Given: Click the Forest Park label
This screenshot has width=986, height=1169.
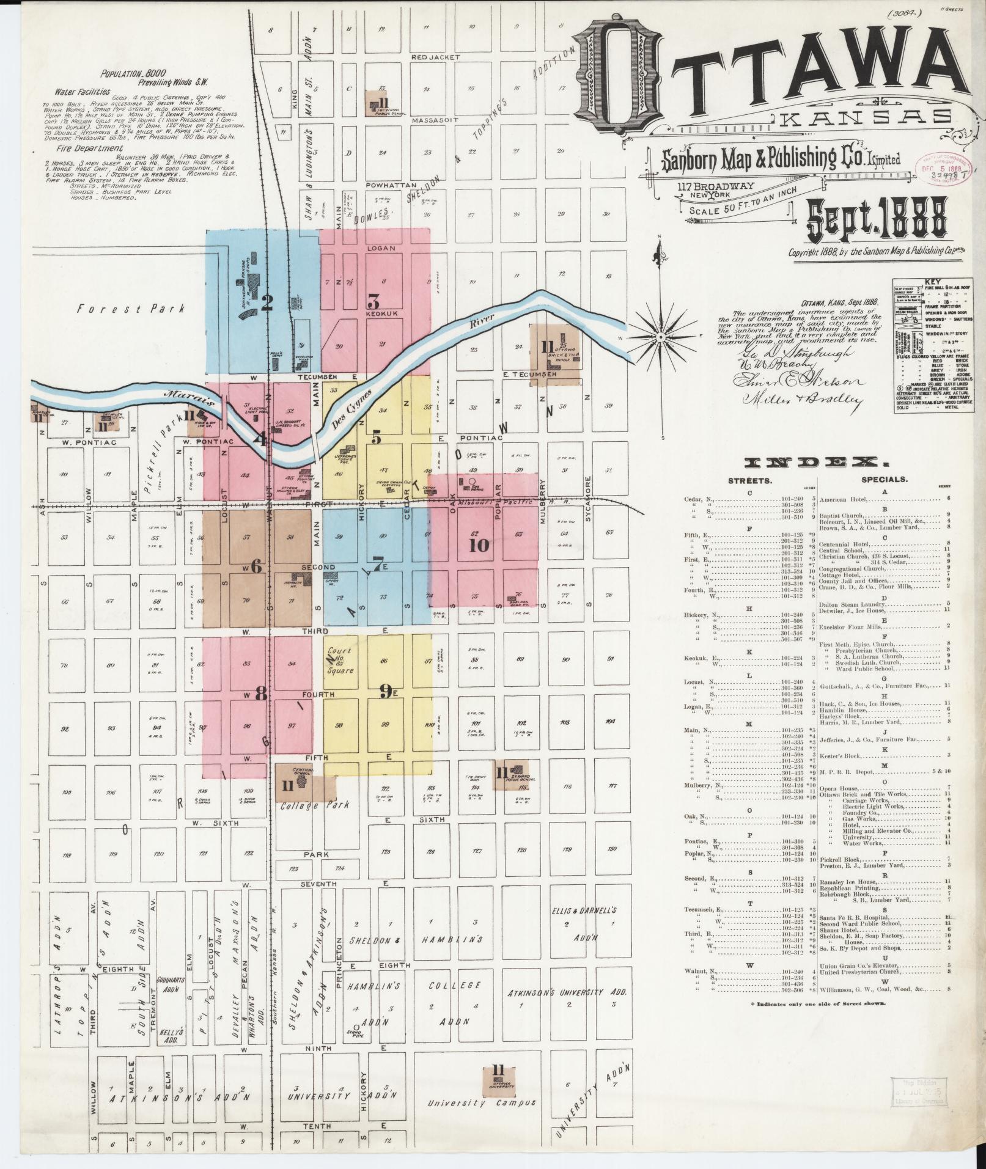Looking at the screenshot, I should tap(130, 309).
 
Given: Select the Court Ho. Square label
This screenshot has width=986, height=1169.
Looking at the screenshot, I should tap(340, 661).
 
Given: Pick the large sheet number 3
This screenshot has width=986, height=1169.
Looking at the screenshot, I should tap(373, 301).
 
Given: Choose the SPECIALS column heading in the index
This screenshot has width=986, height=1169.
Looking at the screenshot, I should tap(884, 480).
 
